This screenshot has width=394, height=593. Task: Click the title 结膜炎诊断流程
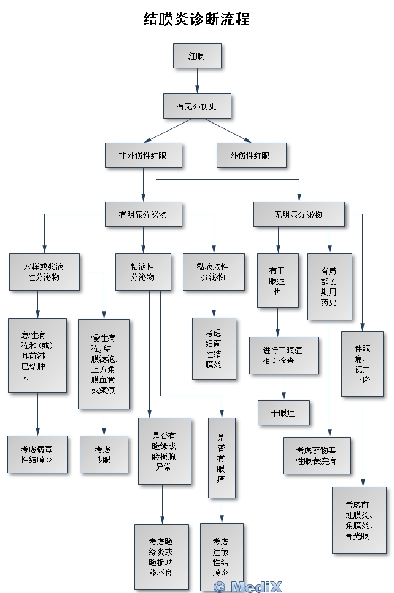[x=196, y=19]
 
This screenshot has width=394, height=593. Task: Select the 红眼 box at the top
[x=197, y=55]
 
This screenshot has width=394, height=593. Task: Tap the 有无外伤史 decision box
[x=197, y=106]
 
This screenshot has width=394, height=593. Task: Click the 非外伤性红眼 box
[x=142, y=155]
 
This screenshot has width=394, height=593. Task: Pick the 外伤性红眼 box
[x=251, y=155]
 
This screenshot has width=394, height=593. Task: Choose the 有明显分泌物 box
[x=143, y=214]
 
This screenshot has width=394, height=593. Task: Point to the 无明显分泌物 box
[x=299, y=214]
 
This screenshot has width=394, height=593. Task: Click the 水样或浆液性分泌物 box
[x=44, y=272]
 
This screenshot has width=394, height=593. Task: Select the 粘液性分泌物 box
[x=143, y=272]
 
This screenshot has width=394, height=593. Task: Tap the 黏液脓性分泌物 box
[x=214, y=272]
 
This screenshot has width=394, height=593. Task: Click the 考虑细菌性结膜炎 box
[x=214, y=348]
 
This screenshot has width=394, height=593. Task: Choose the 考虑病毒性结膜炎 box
[x=37, y=454]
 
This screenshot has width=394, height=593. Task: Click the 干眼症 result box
[x=283, y=413]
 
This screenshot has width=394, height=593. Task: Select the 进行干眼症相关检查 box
[x=283, y=355]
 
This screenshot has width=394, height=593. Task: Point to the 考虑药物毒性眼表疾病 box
[x=316, y=455]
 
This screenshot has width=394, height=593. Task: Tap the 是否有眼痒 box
[x=222, y=457]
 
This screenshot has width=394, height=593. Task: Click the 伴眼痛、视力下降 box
[x=362, y=364]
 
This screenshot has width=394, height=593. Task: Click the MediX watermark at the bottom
[x=247, y=586]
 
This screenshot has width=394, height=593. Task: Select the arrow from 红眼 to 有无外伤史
[x=197, y=80]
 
